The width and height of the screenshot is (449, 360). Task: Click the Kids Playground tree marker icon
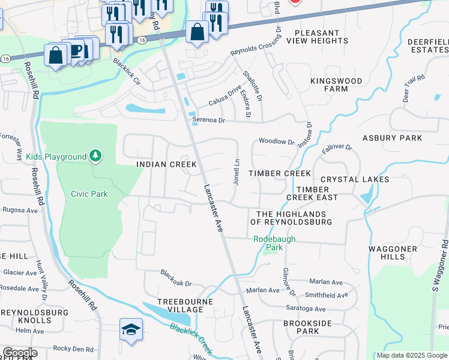(95, 156)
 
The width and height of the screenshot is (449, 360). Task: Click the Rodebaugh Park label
(268, 242)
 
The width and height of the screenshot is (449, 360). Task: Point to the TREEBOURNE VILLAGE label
(181, 305)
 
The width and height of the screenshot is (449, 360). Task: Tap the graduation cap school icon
(131, 329)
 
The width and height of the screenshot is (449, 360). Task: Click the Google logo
(20, 353)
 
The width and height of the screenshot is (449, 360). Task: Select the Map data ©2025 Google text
(411, 355)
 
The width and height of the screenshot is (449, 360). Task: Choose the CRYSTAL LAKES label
(355, 179)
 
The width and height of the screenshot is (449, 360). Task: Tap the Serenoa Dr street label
(208, 120)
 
